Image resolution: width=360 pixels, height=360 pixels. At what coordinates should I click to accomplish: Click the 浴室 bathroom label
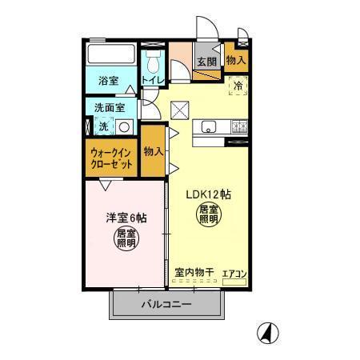[108, 81]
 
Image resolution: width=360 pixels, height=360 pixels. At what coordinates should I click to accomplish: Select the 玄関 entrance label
[206, 62]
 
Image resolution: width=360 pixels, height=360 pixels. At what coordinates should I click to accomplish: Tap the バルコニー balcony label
[166, 304]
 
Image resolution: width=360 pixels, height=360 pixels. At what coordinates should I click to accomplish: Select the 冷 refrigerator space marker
[238, 84]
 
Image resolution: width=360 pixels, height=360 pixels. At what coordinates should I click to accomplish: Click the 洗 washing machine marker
[104, 126]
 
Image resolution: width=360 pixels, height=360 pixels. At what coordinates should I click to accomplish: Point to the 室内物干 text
[194, 273]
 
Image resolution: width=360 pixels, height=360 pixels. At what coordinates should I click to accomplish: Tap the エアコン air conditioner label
[234, 274]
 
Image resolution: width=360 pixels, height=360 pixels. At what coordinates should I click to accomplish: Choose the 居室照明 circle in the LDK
[208, 215]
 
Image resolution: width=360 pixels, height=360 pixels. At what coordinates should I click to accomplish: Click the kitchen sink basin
[210, 126]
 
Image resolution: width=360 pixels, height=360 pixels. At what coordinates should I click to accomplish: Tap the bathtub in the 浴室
[112, 55]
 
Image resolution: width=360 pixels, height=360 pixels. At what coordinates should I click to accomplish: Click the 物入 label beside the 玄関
[235, 60]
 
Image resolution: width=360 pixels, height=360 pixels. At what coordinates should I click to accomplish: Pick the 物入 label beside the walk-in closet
[153, 150]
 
